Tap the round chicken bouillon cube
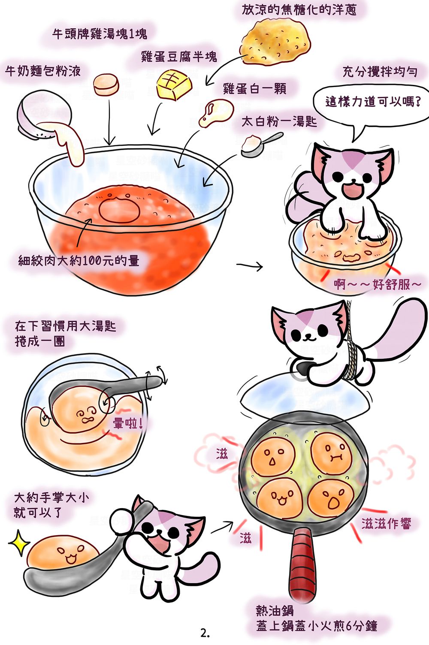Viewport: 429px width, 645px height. coord(106,84)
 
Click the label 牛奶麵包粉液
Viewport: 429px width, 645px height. coord(43,71)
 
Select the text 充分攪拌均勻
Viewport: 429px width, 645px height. coord(380,72)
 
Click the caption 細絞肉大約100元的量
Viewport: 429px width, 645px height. coord(79,261)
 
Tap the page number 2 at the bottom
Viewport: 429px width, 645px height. coord(205,634)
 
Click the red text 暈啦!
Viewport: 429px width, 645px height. coord(127,423)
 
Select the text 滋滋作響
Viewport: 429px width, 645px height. coord(386,523)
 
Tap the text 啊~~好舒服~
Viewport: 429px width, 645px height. coord(378,285)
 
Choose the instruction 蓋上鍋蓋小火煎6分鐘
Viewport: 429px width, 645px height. coord(317,626)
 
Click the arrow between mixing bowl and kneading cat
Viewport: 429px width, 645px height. coord(250,266)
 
